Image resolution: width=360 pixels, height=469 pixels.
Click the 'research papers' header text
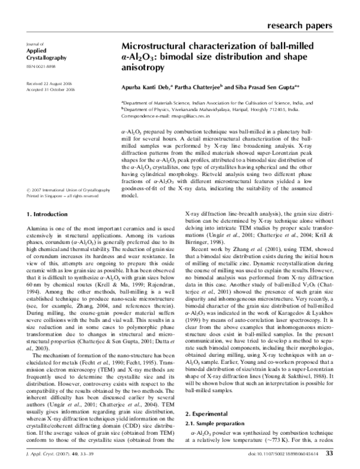(298, 25)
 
